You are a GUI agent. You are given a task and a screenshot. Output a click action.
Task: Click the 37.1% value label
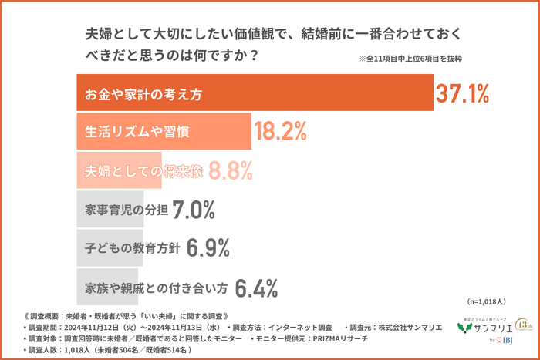click(462, 94)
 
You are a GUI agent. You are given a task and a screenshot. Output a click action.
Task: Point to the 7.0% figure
click(194, 210)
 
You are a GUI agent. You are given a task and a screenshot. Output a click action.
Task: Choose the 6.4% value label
click(255, 288)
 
